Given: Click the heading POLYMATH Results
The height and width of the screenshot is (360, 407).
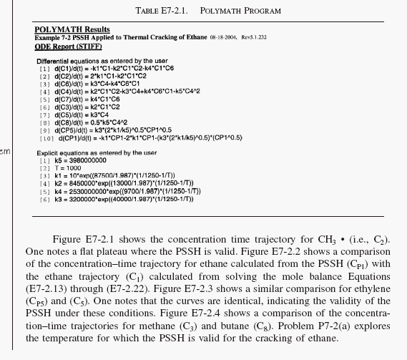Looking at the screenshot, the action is click(72, 29).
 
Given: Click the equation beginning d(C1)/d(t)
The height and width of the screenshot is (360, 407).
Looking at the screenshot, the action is click(107, 69).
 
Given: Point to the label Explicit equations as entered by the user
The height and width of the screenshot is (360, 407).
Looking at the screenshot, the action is click(97, 153).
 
